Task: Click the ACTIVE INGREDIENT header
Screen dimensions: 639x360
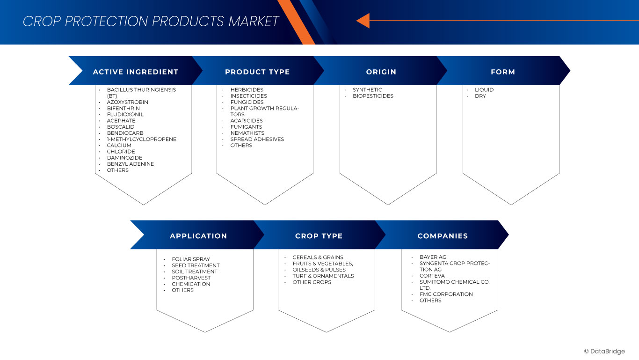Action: click(x=136, y=72)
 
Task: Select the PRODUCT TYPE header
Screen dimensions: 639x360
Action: click(x=257, y=72)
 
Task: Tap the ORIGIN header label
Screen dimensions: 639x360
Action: click(x=381, y=72)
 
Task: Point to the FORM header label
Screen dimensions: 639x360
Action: click(x=503, y=72)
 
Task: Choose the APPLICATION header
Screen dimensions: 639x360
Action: click(x=198, y=236)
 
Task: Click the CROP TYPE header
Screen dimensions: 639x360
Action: click(x=319, y=236)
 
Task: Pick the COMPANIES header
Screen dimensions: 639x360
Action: click(x=443, y=236)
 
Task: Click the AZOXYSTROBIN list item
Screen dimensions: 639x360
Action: click(x=128, y=102)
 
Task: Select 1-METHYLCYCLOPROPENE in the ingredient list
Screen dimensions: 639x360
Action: click(x=141, y=140)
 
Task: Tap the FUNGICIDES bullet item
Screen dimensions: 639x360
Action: click(x=247, y=102)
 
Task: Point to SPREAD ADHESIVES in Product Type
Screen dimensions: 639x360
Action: click(x=257, y=140)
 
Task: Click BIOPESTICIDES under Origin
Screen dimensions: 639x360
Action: click(x=373, y=96)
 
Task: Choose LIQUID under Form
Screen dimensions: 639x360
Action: click(x=484, y=89)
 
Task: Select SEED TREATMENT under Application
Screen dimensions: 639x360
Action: click(x=196, y=265)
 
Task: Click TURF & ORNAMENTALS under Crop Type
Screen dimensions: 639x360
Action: click(x=323, y=276)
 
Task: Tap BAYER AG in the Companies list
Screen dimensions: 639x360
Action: click(x=433, y=257)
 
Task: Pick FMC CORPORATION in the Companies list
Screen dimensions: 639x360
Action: click(x=446, y=294)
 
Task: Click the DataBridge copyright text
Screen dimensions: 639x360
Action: click(x=604, y=352)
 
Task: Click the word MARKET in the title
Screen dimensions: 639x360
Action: click(x=254, y=22)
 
